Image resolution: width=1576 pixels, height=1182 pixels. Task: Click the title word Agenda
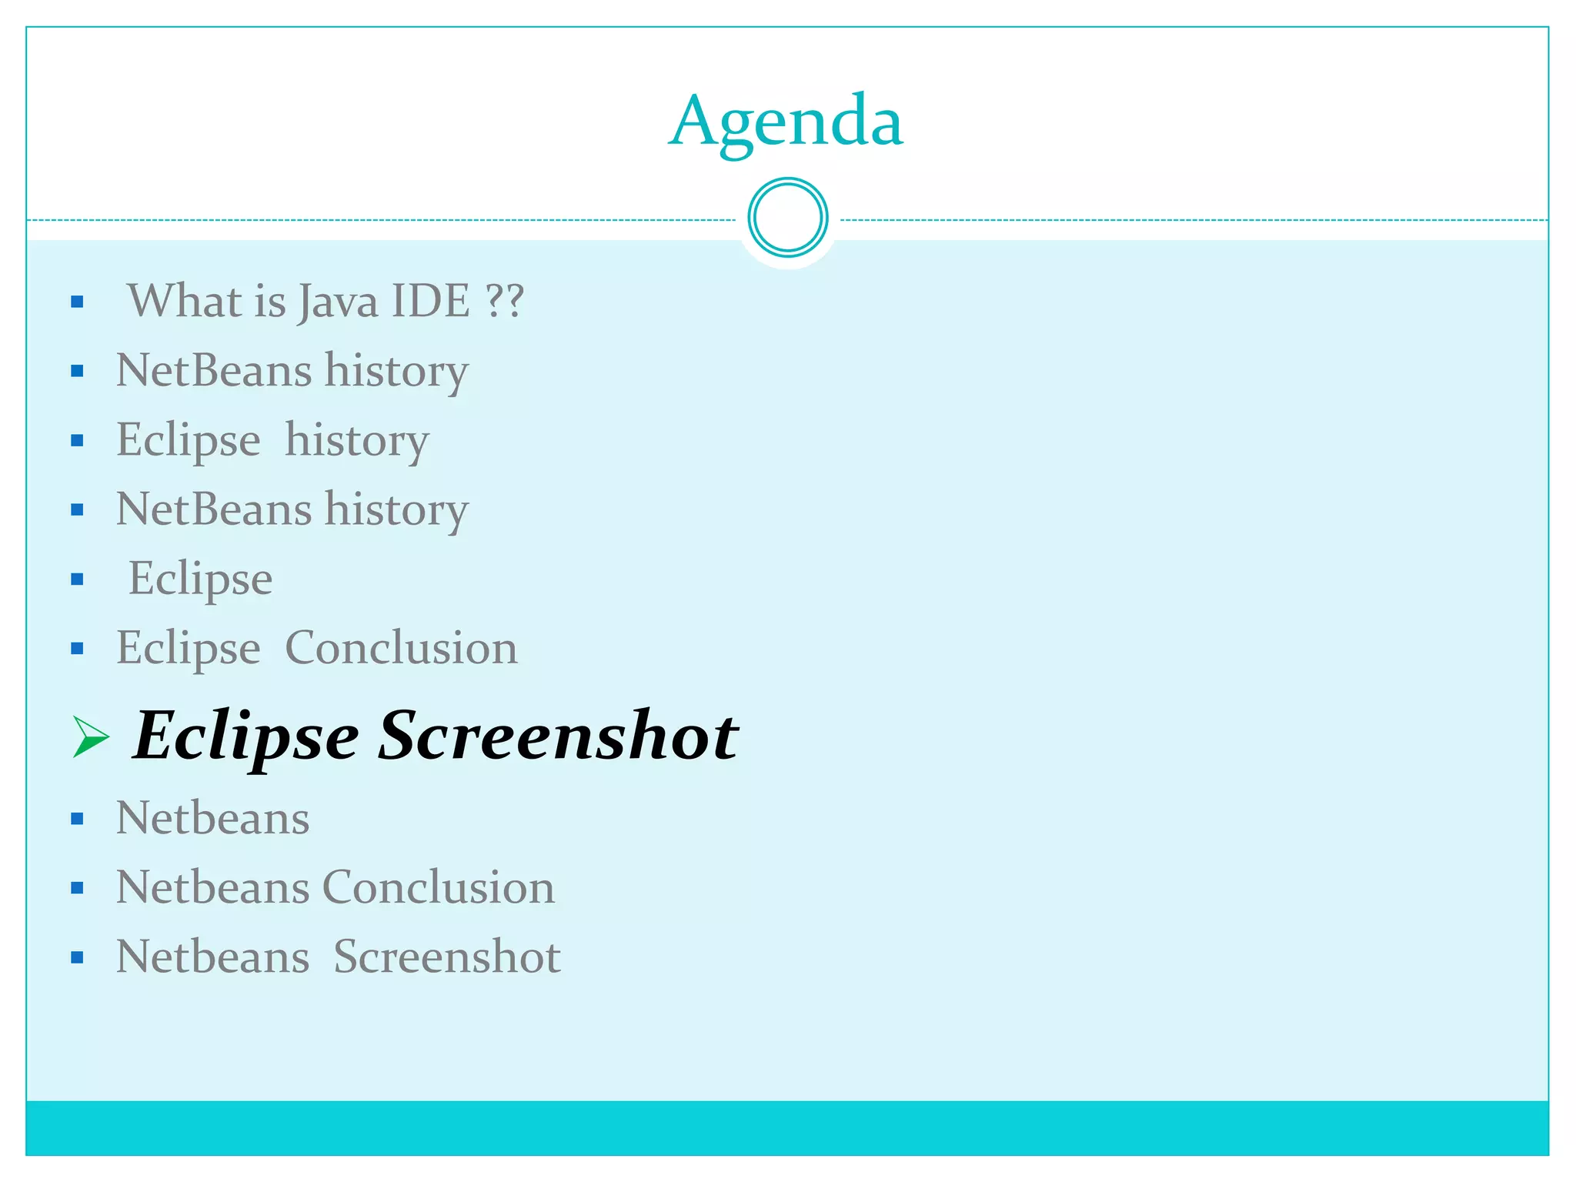786,122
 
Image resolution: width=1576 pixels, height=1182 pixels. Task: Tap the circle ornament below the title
787,218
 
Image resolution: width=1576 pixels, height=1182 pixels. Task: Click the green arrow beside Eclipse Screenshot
91,736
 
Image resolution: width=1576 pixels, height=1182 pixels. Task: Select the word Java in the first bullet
338,301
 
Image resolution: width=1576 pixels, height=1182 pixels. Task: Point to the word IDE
430,301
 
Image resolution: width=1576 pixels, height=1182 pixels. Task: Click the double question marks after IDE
505,301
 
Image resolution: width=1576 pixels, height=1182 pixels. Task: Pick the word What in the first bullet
183,301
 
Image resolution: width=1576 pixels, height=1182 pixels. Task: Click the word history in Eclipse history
357,440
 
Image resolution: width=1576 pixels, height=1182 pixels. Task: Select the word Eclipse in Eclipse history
189,440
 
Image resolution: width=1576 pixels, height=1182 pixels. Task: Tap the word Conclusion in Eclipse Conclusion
401,648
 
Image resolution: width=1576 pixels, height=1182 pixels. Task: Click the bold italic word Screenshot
559,736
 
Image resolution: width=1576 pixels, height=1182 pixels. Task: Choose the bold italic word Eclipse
246,736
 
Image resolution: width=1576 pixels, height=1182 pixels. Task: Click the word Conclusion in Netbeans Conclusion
439,887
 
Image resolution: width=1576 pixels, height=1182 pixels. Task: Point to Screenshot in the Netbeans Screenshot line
447,957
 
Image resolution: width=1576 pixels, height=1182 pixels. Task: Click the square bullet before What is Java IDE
77,302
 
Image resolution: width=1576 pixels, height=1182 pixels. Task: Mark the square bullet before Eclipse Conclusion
77,649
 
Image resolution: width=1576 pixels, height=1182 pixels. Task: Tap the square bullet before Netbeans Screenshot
77,958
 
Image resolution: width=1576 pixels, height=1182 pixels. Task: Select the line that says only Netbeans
212,818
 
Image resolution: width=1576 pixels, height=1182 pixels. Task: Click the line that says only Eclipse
200,579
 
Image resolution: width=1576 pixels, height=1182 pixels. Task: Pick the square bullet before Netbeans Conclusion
77,889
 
